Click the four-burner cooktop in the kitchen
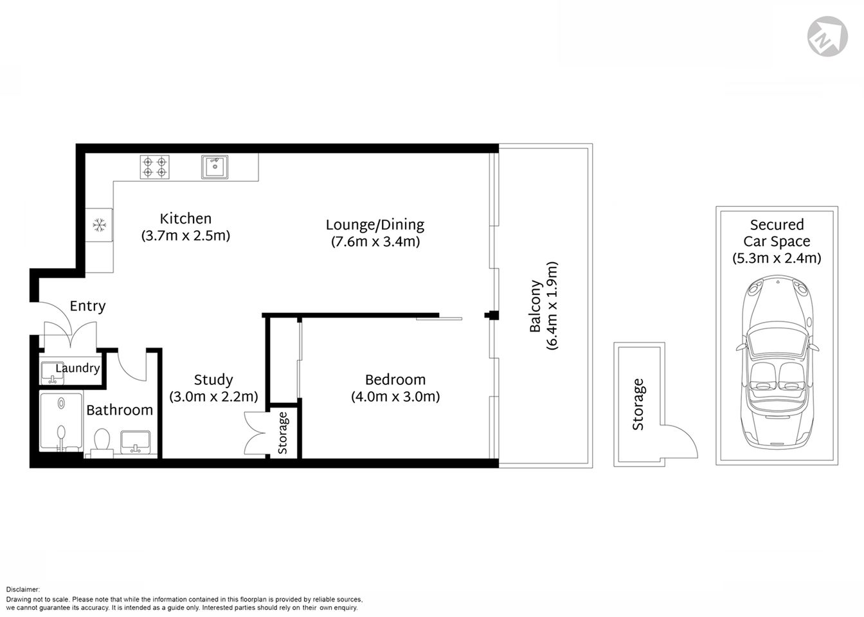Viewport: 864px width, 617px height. coord(155,167)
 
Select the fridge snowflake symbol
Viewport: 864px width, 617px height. coord(99,225)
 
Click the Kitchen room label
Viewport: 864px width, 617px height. coord(185,219)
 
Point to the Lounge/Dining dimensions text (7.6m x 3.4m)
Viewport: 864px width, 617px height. coord(375,242)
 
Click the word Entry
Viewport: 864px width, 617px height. coord(87,306)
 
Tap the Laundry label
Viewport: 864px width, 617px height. coord(77,368)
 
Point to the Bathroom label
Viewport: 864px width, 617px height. coord(120,410)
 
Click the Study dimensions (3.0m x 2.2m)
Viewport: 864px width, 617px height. coord(213,397)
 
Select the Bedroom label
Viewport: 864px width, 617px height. coord(395,379)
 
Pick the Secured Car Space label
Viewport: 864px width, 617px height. coord(777,233)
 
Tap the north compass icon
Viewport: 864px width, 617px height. coord(827,36)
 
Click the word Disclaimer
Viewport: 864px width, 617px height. coord(23,589)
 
